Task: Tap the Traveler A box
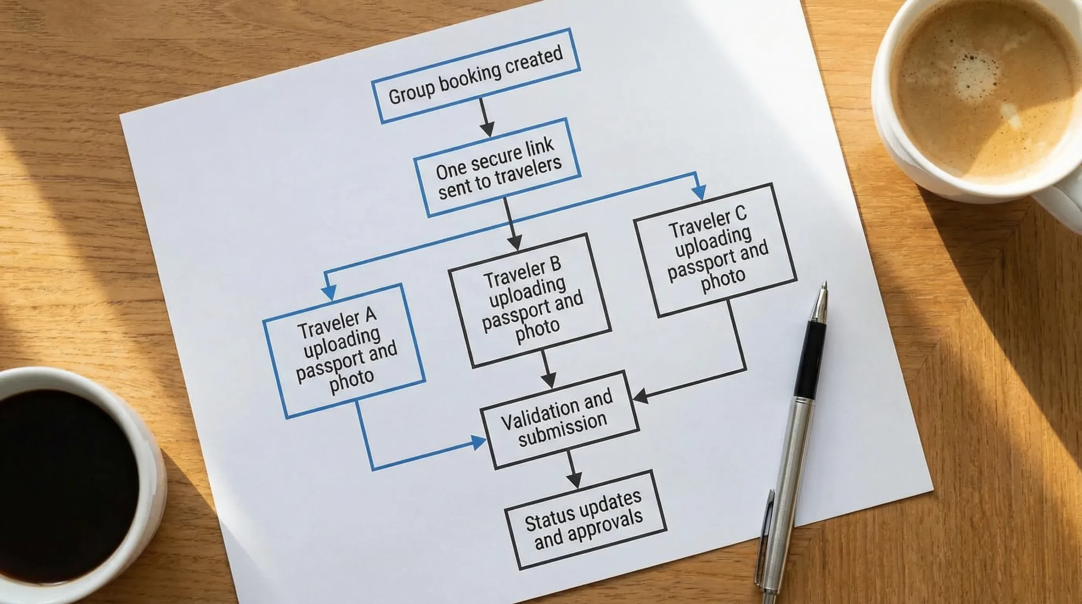[343, 350]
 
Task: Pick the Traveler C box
[714, 250]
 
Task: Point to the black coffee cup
[63, 469]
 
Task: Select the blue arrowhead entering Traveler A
[328, 291]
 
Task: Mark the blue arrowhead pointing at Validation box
[478, 443]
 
